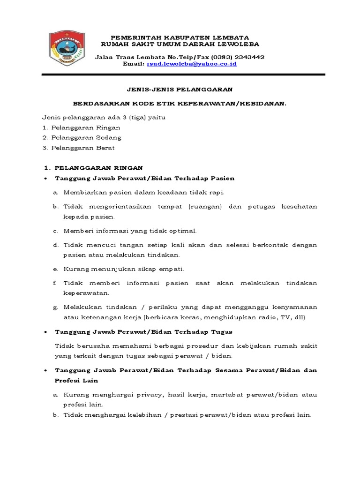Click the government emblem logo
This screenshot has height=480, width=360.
(68, 49)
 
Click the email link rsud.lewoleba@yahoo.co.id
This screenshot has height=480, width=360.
(192, 64)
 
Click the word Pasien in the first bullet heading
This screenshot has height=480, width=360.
(223, 178)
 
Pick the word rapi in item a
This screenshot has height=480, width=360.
(217, 193)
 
